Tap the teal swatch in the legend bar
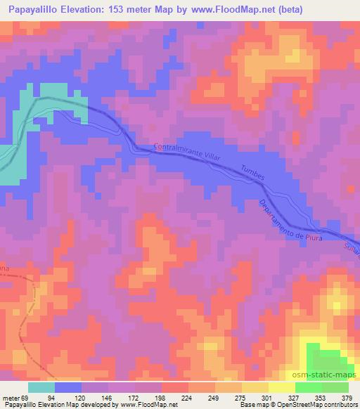41,387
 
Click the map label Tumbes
252,174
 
